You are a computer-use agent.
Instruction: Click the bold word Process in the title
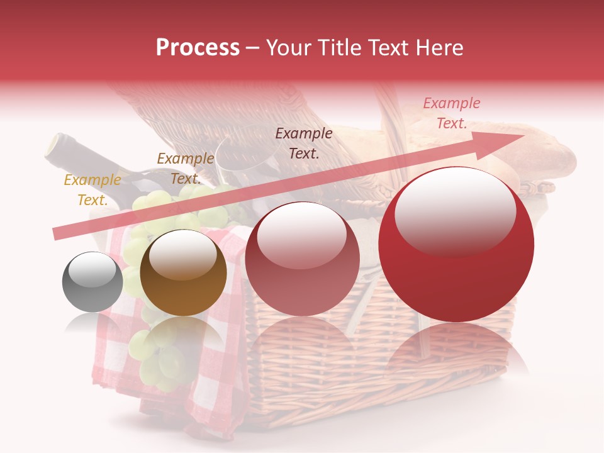(x=198, y=48)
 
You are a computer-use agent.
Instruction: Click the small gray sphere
(x=92, y=282)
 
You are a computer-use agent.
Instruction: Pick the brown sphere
(x=183, y=272)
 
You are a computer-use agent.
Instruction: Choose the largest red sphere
(x=456, y=244)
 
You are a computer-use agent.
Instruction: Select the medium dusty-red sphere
(x=302, y=259)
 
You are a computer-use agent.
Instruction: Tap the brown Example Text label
(x=185, y=169)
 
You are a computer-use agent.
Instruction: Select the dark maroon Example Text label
(x=304, y=143)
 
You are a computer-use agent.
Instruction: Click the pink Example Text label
(x=451, y=113)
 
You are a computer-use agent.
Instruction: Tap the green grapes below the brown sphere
(x=160, y=359)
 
